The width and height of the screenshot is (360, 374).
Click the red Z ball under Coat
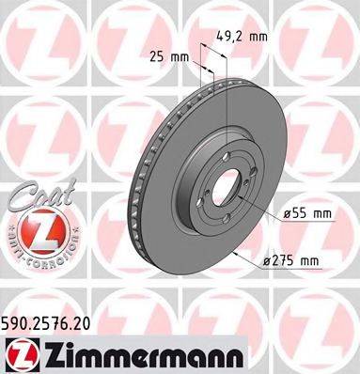(x=38, y=227)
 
